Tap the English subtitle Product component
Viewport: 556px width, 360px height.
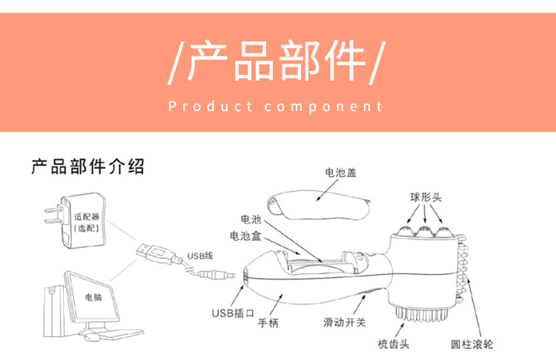(x=277, y=107)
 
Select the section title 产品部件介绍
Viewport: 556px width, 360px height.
(x=87, y=166)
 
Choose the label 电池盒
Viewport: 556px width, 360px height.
(x=245, y=236)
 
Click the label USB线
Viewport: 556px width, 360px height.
(x=199, y=256)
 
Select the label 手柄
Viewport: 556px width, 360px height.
(x=268, y=324)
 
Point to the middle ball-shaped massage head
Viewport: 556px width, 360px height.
(x=426, y=231)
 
